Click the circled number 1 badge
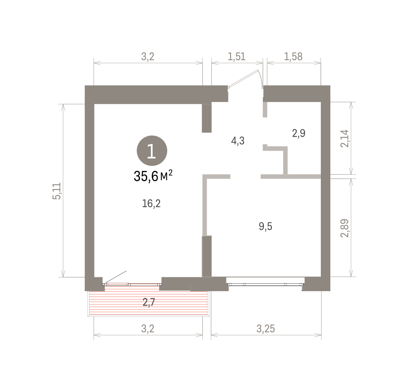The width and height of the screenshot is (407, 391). tap(152, 151)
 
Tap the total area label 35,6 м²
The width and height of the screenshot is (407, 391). tap(153, 176)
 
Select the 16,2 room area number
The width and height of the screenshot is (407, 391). tap(151, 203)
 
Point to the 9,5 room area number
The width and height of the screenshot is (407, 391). tap(266, 226)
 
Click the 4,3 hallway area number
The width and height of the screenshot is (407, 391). tap(238, 141)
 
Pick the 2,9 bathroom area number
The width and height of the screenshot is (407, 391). tap(299, 133)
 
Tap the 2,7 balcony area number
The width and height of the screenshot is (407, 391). tap(149, 302)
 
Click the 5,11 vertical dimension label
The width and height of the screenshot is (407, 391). tap(57, 191)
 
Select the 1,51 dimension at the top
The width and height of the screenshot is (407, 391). tap(236, 57)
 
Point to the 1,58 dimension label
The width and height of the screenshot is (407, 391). tap(293, 57)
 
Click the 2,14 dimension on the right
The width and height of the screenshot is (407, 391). tap(345, 138)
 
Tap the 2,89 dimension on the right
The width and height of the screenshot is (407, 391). tap(345, 228)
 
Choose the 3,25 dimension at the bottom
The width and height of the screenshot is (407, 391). tap(266, 329)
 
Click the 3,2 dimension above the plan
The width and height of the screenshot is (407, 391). tap(148, 57)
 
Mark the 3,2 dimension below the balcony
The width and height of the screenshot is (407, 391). tap(148, 329)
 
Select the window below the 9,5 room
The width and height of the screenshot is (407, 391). tap(266, 284)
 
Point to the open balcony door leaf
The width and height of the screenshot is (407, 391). tap(116, 277)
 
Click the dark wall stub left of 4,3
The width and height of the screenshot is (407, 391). tap(207, 118)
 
